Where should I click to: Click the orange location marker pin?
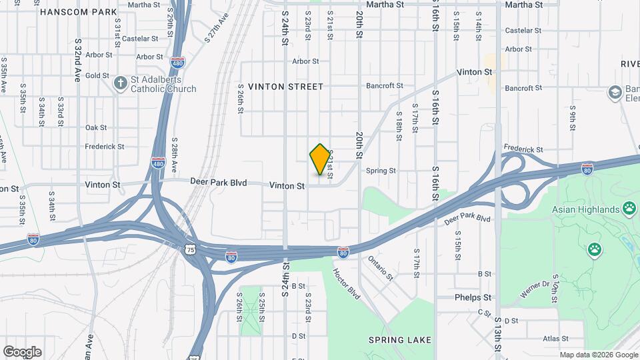click(320, 159)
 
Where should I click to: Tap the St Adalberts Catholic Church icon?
click(121, 83)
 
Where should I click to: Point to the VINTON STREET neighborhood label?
click(285, 87)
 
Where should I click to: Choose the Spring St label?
click(381, 171)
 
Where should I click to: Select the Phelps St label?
click(473, 297)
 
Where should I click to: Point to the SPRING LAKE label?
click(400, 340)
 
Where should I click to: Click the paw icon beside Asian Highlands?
click(629, 209)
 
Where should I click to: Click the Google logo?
click(22, 351)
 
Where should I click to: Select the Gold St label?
click(97, 75)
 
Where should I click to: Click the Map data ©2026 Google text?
click(597, 355)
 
